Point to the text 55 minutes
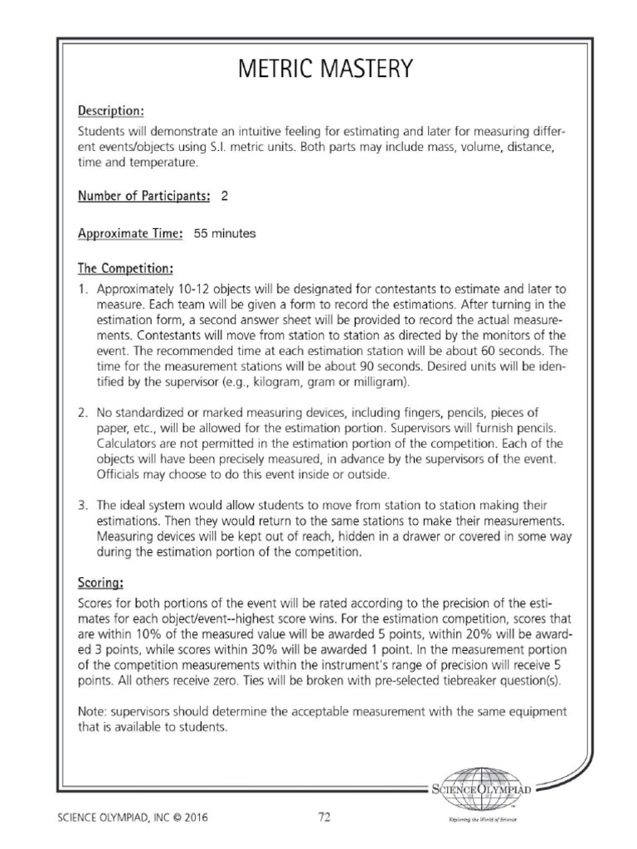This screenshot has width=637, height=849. click(x=225, y=234)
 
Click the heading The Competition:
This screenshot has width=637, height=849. click(x=125, y=269)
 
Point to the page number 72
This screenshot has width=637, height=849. click(x=324, y=817)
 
